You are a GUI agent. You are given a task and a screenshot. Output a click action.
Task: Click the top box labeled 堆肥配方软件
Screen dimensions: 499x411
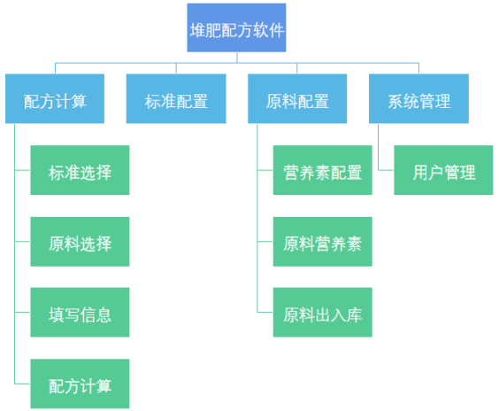[236, 27]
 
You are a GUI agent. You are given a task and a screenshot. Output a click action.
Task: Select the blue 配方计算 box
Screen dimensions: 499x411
[55, 98]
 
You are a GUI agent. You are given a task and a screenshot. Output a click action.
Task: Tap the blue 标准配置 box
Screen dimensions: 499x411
[176, 98]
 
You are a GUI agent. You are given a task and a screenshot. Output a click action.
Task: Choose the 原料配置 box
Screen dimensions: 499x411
[297, 98]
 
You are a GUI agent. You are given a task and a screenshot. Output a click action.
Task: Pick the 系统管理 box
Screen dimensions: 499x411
[418, 98]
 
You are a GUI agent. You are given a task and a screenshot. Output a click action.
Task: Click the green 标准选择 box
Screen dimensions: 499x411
[80, 170]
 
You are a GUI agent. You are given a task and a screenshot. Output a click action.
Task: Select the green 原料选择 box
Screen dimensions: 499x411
[80, 242]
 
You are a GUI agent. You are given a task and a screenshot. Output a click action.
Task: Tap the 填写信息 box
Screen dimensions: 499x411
[80, 312]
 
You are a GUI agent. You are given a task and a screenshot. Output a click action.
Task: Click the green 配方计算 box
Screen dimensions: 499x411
[80, 384]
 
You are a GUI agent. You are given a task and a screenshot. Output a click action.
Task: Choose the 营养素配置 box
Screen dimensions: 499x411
[323, 170]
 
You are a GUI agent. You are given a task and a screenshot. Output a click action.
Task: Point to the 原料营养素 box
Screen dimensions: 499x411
[323, 242]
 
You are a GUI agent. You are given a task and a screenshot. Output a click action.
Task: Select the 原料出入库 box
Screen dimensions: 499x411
[323, 312]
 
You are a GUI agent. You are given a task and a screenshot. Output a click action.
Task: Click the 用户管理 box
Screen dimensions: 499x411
[443, 170]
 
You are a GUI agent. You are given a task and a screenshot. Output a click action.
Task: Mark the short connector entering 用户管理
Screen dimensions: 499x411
[386, 170]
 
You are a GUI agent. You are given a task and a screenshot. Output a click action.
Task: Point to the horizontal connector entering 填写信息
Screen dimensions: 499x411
[23, 312]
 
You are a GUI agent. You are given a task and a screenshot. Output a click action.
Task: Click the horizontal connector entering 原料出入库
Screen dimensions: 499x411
[265, 312]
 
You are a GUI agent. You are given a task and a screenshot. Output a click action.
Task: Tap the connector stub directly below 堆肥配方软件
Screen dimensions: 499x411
[237, 58]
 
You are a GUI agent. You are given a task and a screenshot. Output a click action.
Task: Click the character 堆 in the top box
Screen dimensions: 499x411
[197, 31]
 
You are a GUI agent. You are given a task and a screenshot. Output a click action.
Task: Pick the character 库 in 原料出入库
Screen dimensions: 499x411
[354, 315]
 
